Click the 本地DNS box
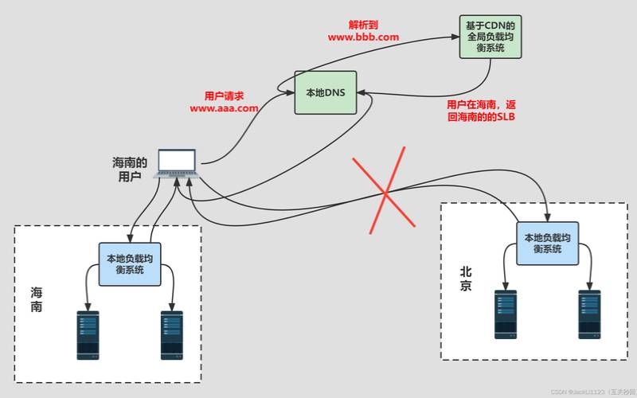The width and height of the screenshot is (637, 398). coord(326,92)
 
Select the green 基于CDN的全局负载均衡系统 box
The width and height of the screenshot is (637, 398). coord(490,37)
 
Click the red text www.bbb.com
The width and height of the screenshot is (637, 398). coord(363,37)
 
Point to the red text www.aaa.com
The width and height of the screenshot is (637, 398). coord(224,107)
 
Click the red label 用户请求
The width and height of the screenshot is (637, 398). coord(224,95)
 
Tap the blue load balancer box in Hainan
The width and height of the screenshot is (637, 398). coord(130,263)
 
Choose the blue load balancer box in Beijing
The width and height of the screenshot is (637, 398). coord(547,243)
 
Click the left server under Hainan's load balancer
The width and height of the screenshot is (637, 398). coord(88,334)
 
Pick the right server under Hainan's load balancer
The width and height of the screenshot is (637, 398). coord(172,334)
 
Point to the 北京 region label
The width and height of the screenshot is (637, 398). coord(466,279)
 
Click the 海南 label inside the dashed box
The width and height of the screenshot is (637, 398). coord(37,299)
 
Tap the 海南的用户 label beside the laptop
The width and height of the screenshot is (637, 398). coord(130,169)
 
